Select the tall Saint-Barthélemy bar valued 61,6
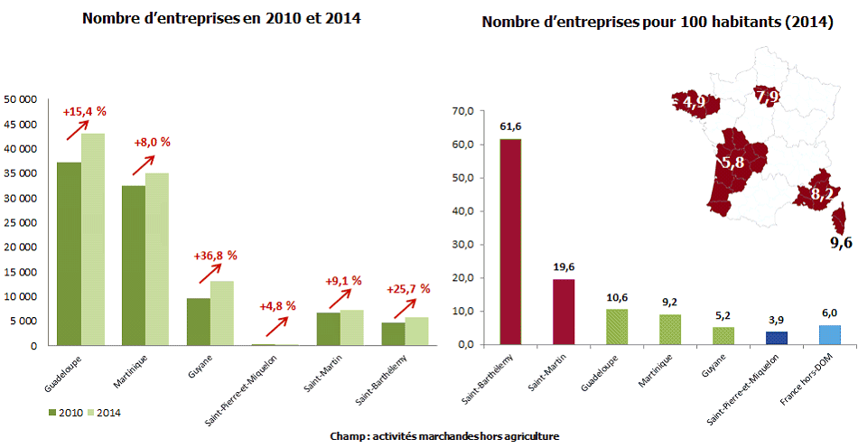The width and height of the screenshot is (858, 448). coord(510,241)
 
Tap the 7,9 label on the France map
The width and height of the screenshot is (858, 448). coord(768,96)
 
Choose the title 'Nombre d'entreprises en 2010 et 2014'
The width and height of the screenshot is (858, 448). coord(215,19)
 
